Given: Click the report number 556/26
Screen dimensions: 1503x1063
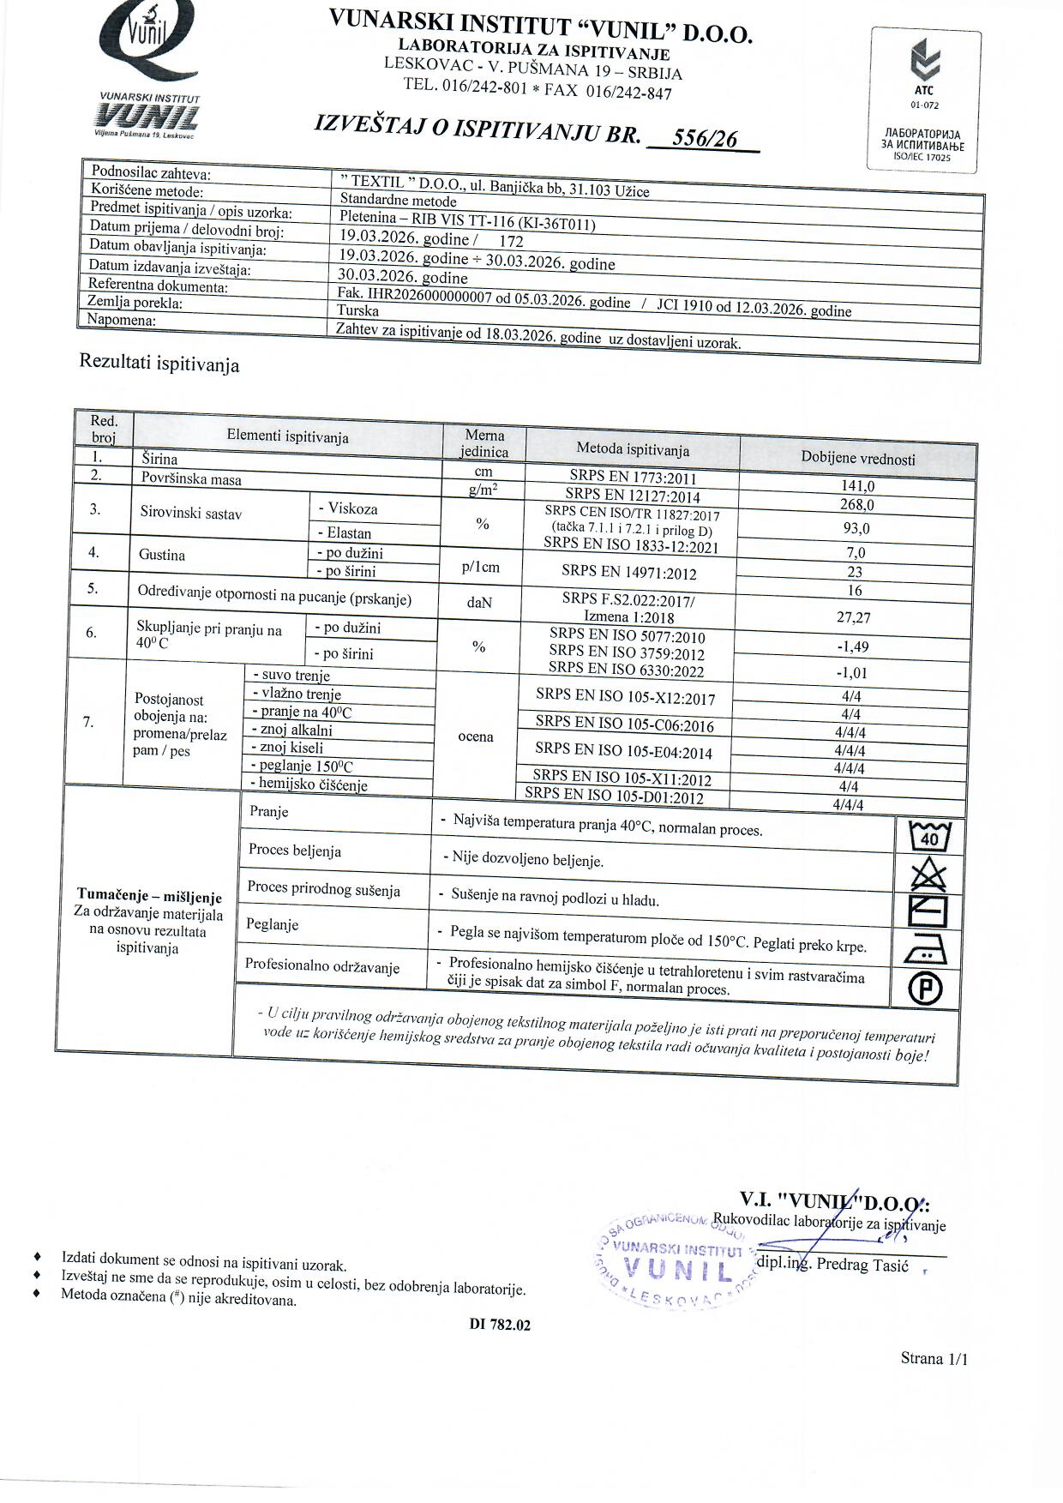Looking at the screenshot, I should click(x=705, y=139).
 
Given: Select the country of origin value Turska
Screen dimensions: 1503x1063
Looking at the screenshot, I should click(x=358, y=311).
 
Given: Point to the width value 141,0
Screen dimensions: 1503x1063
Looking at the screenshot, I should click(x=858, y=486).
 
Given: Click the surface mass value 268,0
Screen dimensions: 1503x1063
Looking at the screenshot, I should click(x=857, y=505).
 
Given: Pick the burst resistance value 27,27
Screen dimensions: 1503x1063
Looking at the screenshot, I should click(x=853, y=617).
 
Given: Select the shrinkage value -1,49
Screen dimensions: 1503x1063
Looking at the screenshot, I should click(x=852, y=647).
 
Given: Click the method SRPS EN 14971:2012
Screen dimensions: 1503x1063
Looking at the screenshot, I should click(x=629, y=573).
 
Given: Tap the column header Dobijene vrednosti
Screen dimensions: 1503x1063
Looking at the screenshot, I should click(x=858, y=459).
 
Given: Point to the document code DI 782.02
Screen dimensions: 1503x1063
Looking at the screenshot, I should click(x=500, y=1325).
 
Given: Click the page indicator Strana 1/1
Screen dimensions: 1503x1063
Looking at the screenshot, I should click(x=934, y=1358).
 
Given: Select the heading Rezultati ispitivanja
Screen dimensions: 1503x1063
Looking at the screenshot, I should click(x=159, y=363).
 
